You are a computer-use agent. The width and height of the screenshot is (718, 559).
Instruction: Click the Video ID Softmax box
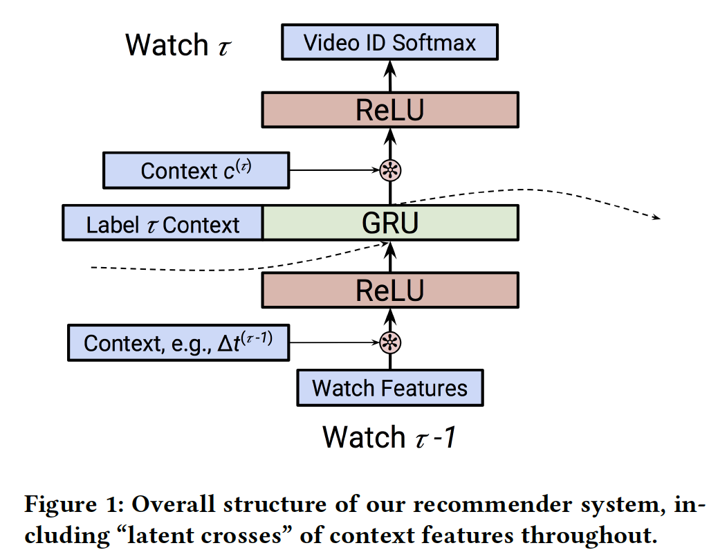tap(389, 43)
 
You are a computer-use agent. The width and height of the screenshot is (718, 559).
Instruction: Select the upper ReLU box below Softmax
tap(389, 109)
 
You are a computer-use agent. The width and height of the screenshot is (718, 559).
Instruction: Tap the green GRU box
tap(390, 223)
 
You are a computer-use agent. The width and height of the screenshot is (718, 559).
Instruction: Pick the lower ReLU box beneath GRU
tap(389, 290)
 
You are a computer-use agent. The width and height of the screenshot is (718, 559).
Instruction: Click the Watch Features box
tap(389, 387)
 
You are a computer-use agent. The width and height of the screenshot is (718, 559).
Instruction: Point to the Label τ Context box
tap(163, 223)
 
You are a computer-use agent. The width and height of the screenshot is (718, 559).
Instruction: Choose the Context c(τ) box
tap(196, 170)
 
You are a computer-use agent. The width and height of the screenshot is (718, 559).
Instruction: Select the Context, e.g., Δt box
tap(178, 342)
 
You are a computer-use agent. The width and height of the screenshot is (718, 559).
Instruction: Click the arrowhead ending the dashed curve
tap(656, 218)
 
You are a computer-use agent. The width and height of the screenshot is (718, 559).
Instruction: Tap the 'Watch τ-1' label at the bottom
tap(389, 437)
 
